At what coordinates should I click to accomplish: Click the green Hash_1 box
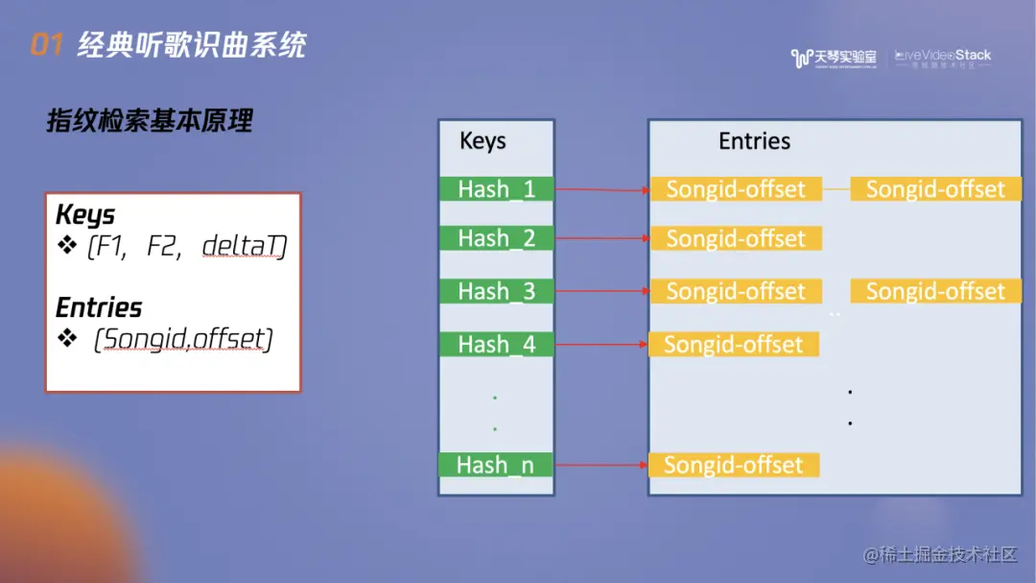point(497,189)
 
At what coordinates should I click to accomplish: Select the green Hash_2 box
point(497,238)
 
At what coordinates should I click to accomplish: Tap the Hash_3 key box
point(497,291)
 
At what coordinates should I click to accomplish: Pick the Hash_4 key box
point(497,344)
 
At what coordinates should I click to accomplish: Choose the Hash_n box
point(496,465)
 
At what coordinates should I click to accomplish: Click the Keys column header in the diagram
point(483,141)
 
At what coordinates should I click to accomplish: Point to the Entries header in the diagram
point(755,141)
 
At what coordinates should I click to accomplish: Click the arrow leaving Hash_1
point(602,189)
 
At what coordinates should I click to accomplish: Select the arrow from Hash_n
point(601,466)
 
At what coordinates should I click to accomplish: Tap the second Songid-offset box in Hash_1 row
point(935,189)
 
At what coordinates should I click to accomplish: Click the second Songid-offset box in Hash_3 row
point(935,291)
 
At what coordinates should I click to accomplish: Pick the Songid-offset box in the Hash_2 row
point(736,238)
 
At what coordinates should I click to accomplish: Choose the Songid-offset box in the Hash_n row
point(734,466)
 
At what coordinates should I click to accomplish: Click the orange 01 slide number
point(47,44)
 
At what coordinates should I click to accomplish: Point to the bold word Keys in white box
point(85,214)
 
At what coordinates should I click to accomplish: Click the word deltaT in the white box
point(244,247)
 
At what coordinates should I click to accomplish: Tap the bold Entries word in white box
point(99,307)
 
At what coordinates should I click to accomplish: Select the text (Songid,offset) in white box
point(182,339)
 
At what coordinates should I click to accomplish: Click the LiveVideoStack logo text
point(944,56)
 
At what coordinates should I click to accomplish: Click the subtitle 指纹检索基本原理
point(150,121)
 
